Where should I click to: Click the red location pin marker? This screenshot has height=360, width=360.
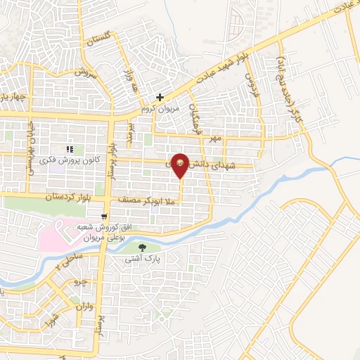(180, 164)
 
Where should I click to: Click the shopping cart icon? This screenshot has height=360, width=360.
(103, 215)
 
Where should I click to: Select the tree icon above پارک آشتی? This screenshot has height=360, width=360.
(143, 247)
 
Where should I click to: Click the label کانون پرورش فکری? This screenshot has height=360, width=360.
(70, 160)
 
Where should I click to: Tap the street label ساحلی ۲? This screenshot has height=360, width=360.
(62, 266)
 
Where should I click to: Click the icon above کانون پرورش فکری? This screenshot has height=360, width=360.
(70, 149)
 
